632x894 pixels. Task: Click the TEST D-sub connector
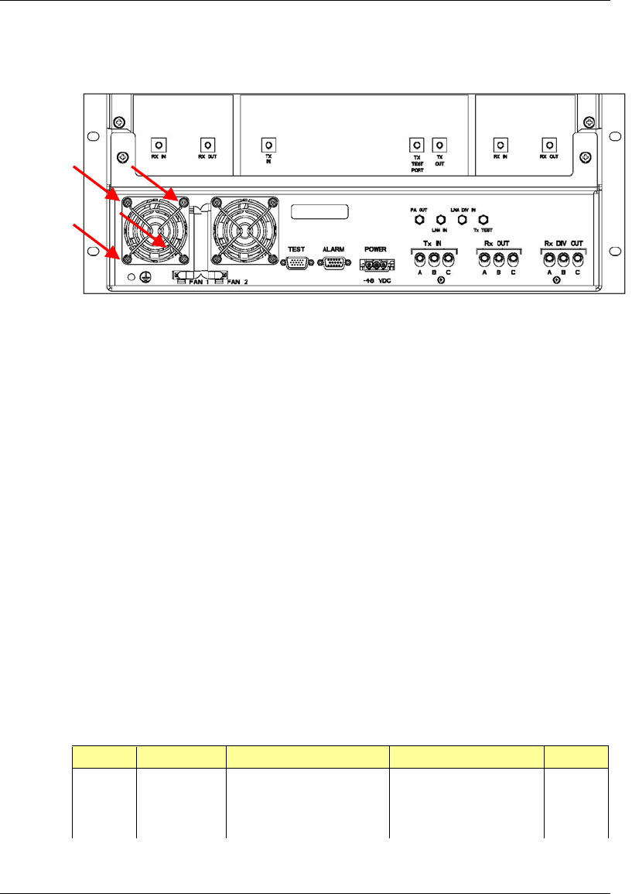pyautogui.click(x=296, y=263)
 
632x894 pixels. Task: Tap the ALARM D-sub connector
pyautogui.click(x=333, y=263)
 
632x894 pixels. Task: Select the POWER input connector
pyautogui.click(x=372, y=263)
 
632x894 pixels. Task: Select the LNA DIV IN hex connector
pyautogui.click(x=463, y=221)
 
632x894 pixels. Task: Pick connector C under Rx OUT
pyautogui.click(x=512, y=259)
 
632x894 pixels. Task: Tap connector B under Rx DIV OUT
pyautogui.click(x=563, y=259)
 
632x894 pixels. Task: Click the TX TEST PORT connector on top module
pyautogui.click(x=416, y=145)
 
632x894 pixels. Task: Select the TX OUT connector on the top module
pyautogui.click(x=439, y=145)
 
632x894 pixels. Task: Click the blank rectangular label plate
pyautogui.click(x=319, y=212)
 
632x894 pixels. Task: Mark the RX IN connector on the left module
pyautogui.click(x=158, y=145)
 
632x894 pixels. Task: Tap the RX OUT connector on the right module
pyautogui.click(x=549, y=145)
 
